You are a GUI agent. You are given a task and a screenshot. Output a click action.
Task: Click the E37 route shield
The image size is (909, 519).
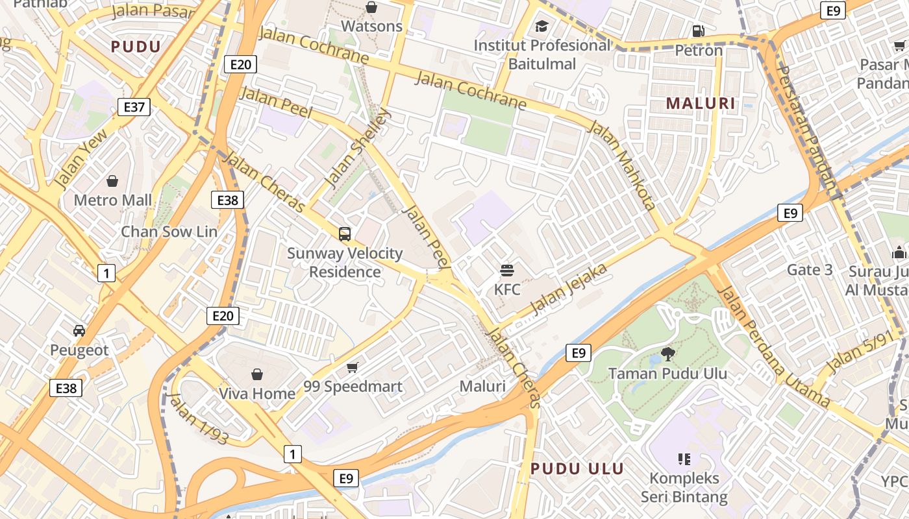pyautogui.click(x=134, y=107)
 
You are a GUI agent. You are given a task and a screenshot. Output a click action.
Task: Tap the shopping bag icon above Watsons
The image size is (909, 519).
pyautogui.click(x=371, y=7)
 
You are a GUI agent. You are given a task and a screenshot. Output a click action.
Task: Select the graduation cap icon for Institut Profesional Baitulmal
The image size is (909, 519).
pyautogui.click(x=542, y=27)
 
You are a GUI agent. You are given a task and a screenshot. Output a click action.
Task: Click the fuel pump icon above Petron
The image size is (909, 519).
pyautogui.click(x=699, y=30)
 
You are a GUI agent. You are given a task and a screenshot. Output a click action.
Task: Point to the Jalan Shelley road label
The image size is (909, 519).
pyautogui.click(x=359, y=147)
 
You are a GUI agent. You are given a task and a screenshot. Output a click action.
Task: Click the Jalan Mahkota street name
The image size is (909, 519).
pyautogui.click(x=621, y=165)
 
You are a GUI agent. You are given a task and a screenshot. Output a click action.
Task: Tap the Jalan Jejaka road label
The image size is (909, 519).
pyautogui.click(x=569, y=289)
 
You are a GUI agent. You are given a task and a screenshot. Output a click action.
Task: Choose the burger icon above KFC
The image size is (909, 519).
pyautogui.click(x=507, y=270)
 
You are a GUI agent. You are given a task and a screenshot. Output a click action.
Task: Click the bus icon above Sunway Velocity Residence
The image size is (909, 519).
pyautogui.click(x=345, y=234)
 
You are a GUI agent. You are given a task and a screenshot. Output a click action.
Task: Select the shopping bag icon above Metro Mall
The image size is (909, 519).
pyautogui.click(x=112, y=180)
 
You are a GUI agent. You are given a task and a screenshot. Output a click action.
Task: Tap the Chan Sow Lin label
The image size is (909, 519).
pyautogui.click(x=169, y=232)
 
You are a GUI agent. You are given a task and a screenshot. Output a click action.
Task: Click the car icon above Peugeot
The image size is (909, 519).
pyautogui.click(x=79, y=331)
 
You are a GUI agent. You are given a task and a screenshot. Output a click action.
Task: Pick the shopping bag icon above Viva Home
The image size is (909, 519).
pyautogui.click(x=257, y=374)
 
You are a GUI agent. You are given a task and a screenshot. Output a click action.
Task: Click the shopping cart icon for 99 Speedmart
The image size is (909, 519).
pyautogui.click(x=353, y=368)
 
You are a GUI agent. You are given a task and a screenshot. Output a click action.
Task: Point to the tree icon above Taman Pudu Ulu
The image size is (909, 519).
pyautogui.click(x=667, y=354)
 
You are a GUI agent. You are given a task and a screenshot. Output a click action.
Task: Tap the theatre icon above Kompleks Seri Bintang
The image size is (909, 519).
pyautogui.click(x=684, y=459)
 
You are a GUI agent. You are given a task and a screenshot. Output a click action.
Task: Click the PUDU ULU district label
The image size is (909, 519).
pyautogui.click(x=577, y=468)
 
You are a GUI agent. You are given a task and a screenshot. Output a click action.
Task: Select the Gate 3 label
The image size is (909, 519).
pyautogui.click(x=809, y=269)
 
